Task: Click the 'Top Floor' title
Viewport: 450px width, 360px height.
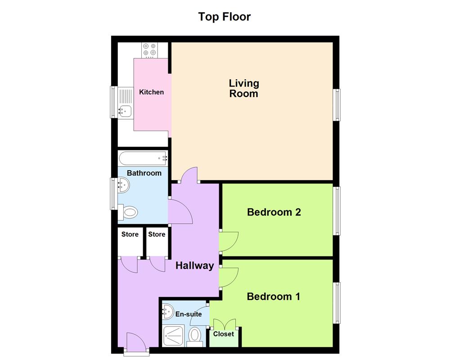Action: (224, 17)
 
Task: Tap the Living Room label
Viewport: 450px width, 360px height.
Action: (244, 88)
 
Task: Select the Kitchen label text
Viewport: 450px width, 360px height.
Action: (151, 92)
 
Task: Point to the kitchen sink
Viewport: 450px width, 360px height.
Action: (124, 109)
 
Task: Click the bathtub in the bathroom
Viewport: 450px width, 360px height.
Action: (143, 158)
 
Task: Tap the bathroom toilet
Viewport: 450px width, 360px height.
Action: (129, 212)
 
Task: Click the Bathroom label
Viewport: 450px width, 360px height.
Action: (144, 173)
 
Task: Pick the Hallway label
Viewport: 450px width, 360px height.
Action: (194, 265)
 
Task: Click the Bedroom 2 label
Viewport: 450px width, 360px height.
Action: (274, 212)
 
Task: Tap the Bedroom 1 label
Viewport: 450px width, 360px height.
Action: (273, 297)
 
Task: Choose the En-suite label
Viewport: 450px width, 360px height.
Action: (189, 314)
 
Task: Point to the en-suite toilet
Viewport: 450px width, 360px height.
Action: (195, 336)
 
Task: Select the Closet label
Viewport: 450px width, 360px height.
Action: (224, 334)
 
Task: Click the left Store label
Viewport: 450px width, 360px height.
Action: (130, 234)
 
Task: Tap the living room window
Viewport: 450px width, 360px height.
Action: (336, 105)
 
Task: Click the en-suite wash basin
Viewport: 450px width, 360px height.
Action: (167, 310)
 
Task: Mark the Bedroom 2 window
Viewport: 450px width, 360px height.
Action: (336, 210)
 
